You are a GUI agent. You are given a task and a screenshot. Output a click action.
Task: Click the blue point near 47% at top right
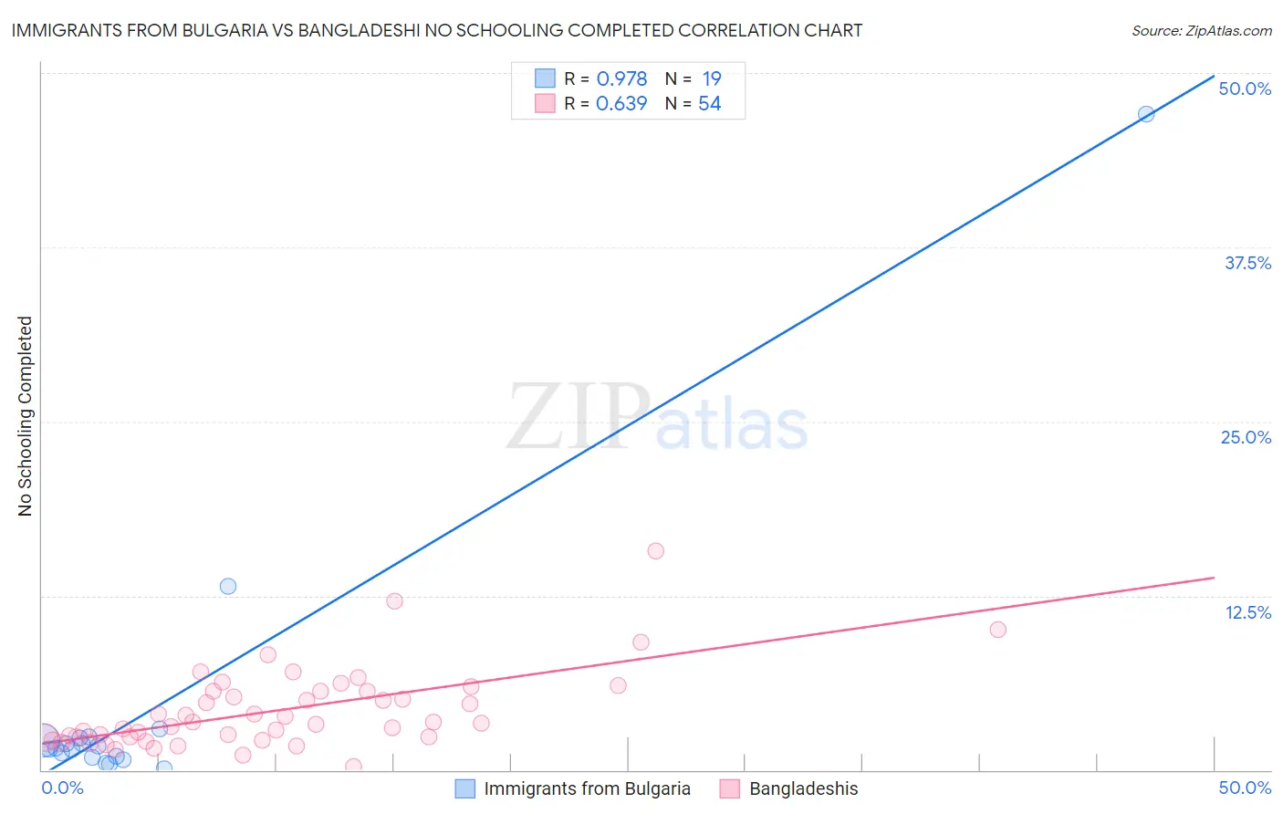(1146, 114)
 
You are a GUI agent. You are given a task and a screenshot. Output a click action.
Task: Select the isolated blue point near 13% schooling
(228, 586)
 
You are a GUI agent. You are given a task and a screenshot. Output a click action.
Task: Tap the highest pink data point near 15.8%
(655, 551)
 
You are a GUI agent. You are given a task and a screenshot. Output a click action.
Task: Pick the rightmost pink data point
(997, 630)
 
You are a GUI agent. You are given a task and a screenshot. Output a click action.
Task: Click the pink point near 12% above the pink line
(394, 600)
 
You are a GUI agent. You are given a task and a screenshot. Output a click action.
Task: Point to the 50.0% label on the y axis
(1245, 89)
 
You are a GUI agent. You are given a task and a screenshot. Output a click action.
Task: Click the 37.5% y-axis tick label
(1247, 263)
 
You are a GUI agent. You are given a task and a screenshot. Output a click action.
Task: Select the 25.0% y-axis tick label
(1246, 437)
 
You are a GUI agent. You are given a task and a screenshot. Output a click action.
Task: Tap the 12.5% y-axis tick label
(1247, 612)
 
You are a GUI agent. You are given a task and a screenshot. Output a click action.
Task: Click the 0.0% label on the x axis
(63, 788)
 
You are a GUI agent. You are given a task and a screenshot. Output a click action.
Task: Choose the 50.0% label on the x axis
(1245, 788)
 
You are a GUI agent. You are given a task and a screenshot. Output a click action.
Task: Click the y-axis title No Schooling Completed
(26, 416)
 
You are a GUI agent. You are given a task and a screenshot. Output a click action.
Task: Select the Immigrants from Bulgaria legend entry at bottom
(587, 788)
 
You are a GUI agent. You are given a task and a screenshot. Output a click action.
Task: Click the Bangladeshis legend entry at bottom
(803, 788)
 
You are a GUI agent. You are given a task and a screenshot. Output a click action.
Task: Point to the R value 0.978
(621, 78)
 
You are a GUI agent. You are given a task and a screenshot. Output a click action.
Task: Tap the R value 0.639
(621, 103)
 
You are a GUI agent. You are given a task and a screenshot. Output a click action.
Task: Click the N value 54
(709, 103)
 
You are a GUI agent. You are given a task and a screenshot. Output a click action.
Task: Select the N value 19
(711, 78)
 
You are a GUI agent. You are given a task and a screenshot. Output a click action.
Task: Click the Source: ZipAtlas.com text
(1201, 31)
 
